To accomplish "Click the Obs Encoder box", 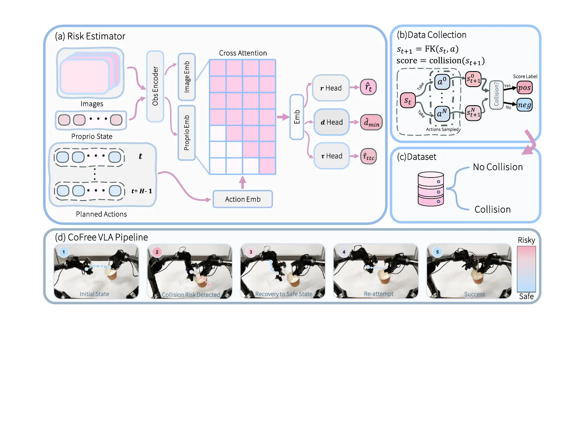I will (x=155, y=86).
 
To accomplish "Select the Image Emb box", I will (x=187, y=77).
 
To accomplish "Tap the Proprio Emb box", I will (x=187, y=133).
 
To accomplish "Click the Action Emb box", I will (x=243, y=199).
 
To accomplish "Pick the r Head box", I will (x=331, y=88).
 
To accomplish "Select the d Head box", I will (x=332, y=122).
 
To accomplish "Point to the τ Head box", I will (x=332, y=156).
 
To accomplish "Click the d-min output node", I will (x=372, y=123).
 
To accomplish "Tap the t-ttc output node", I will (x=369, y=157).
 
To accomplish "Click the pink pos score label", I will (x=524, y=88).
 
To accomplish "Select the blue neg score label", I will (x=524, y=105).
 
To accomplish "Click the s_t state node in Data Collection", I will (x=408, y=101).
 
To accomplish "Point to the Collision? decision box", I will (x=496, y=95).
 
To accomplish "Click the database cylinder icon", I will (x=431, y=189).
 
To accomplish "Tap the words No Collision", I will (x=497, y=167).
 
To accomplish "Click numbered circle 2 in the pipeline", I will (x=157, y=252).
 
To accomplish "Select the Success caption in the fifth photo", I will (x=475, y=294).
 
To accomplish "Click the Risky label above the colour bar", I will (x=526, y=240).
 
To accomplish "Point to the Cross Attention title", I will (x=243, y=53).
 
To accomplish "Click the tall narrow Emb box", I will (x=297, y=117).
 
